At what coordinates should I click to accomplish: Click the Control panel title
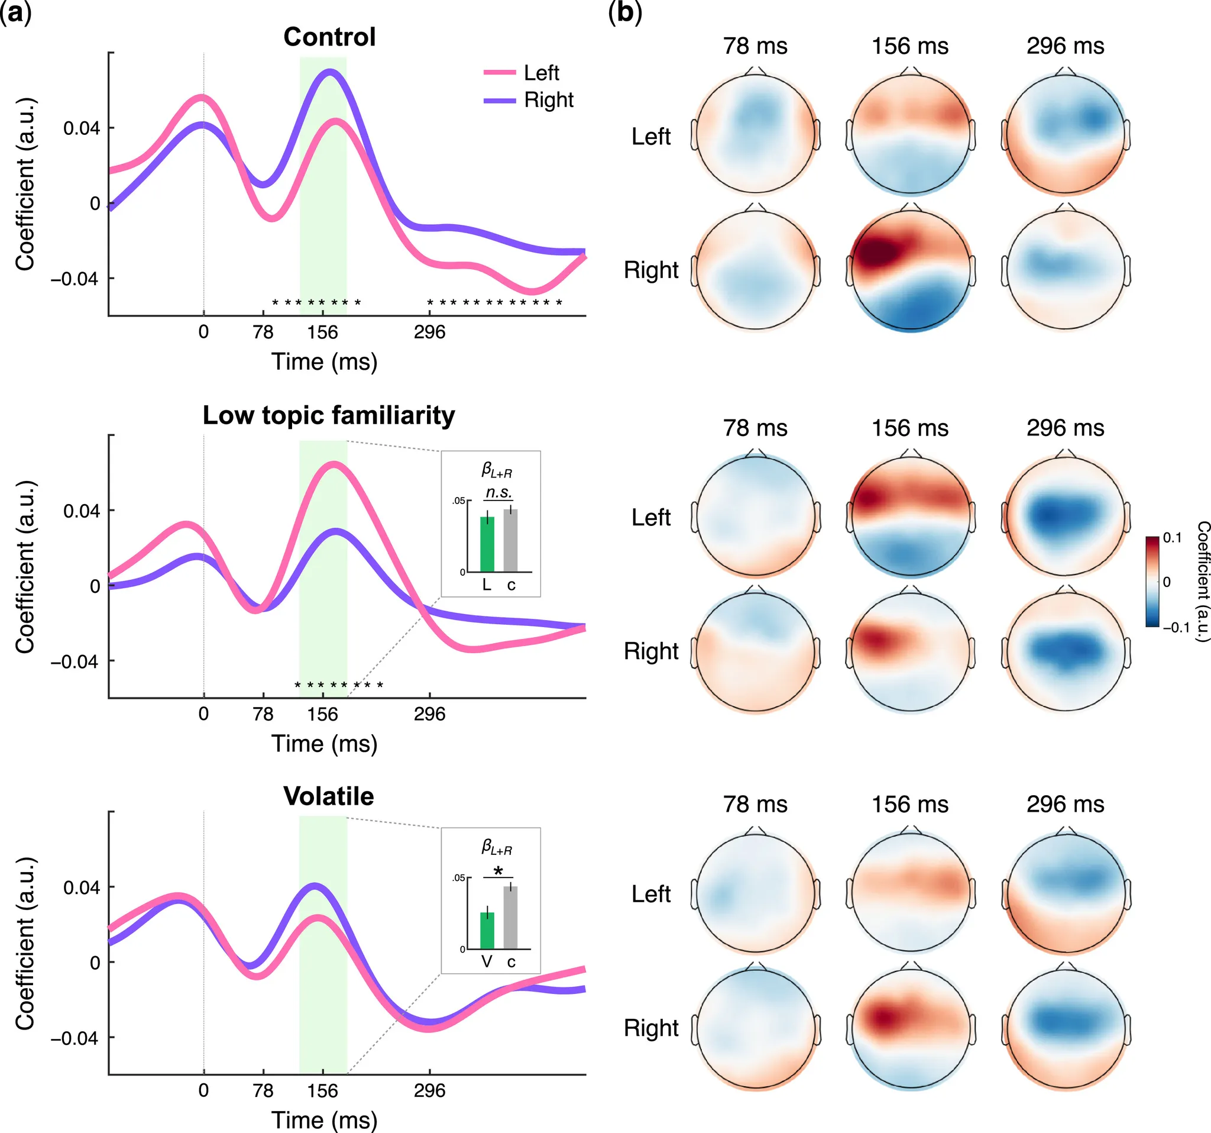[x=329, y=37]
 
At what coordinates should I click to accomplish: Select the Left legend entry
[x=541, y=73]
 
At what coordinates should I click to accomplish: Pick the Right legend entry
[x=548, y=100]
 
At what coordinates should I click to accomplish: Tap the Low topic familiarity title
[x=328, y=416]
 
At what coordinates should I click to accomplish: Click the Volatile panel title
[x=328, y=796]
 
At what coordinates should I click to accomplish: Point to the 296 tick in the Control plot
[x=429, y=332]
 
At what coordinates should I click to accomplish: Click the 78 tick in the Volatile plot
[x=263, y=1091]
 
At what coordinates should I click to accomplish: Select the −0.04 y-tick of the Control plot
[x=75, y=279]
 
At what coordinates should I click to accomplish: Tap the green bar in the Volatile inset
[x=487, y=931]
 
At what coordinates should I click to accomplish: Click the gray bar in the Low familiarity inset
[x=510, y=541]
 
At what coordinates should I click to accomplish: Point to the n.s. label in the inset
[x=498, y=492]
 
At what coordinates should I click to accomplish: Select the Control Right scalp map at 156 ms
[x=911, y=270]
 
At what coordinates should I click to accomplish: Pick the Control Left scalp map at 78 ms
[x=755, y=135]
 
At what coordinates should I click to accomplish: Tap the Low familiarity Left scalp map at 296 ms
[x=1066, y=517]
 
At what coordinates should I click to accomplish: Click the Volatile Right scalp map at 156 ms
[x=911, y=1028]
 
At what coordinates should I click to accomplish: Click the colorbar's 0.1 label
[x=1172, y=538]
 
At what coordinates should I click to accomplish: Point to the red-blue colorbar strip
[x=1152, y=582]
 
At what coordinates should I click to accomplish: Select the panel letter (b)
[x=625, y=13]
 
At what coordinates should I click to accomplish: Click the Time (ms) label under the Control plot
[x=324, y=362]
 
